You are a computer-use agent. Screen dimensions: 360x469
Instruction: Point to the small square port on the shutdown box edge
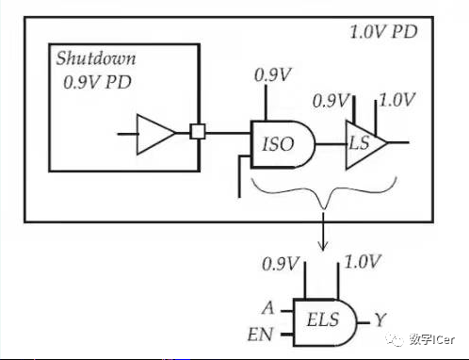(x=198, y=133)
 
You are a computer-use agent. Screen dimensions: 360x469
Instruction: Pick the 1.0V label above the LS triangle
(x=398, y=99)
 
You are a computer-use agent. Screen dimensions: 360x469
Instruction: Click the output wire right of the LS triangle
(x=399, y=144)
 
